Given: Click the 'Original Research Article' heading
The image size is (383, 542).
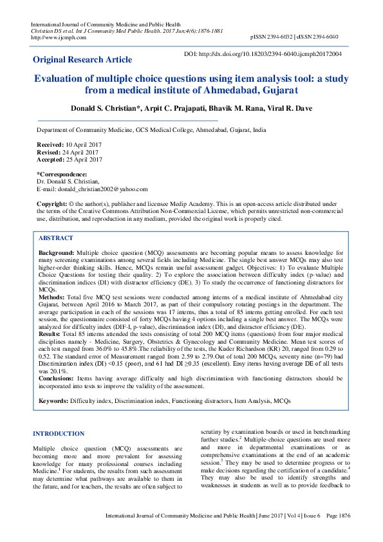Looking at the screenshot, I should pyautogui.click(x=82, y=60).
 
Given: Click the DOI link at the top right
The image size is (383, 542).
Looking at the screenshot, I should pyautogui.click(x=263, y=54).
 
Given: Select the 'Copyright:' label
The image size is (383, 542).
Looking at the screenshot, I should pyautogui.click(x=53, y=203).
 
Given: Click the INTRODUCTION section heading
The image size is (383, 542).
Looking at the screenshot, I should pyautogui.click(x=59, y=434).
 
